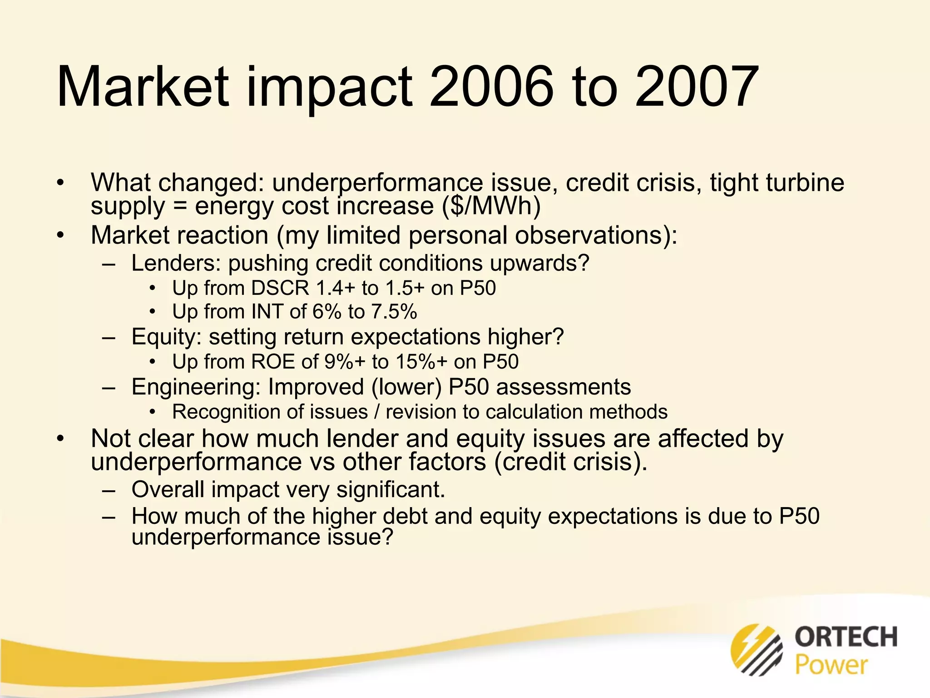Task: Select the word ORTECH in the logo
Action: click(846, 636)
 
